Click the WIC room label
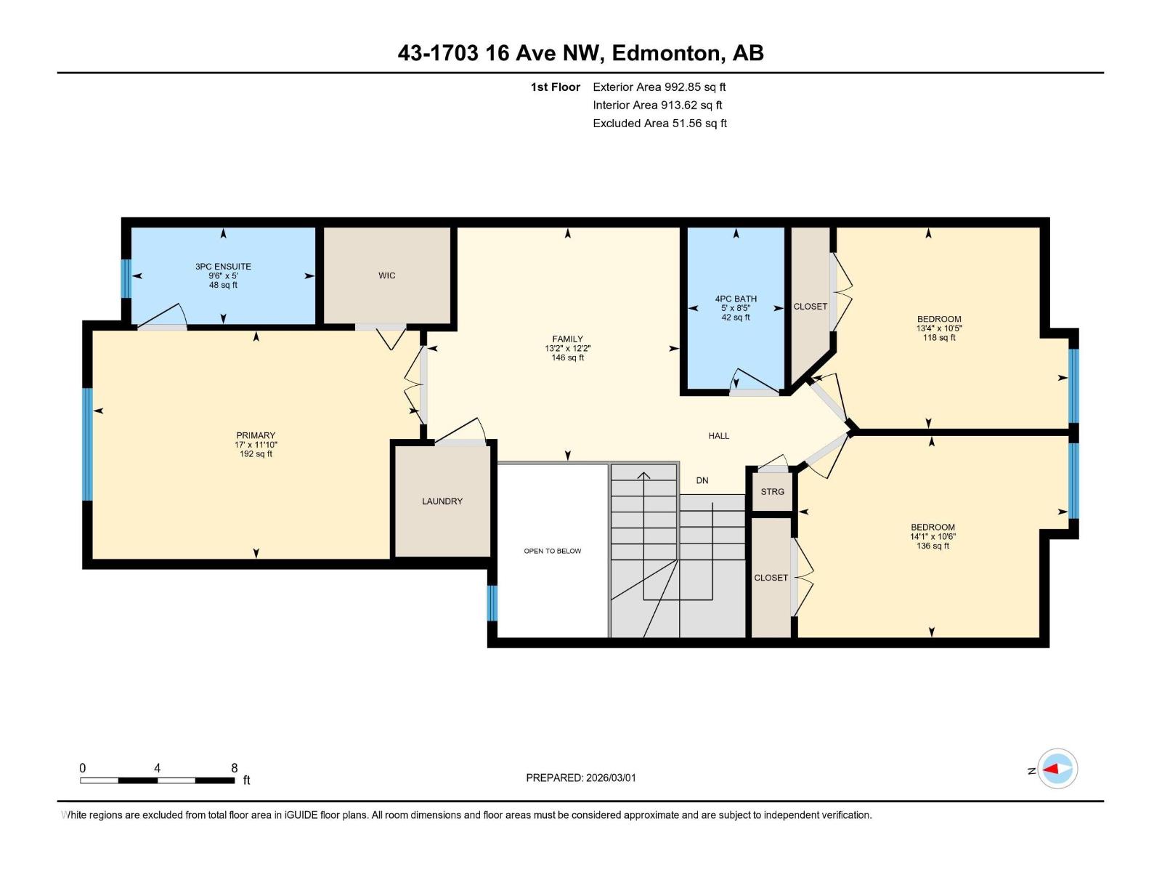386,275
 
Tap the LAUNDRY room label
442,501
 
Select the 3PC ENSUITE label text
223,267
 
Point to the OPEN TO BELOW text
552,551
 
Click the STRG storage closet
772,492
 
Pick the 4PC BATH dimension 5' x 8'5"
736,308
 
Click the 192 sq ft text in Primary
256,454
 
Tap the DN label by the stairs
702,480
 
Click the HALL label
718,436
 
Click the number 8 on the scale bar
234,768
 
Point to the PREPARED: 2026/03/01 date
580,778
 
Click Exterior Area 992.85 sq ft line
659,87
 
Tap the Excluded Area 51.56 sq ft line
659,124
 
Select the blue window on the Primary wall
87,444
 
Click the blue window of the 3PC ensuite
126,278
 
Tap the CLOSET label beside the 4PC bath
810,307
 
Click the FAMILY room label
567,339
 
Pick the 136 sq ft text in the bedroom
933,546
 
